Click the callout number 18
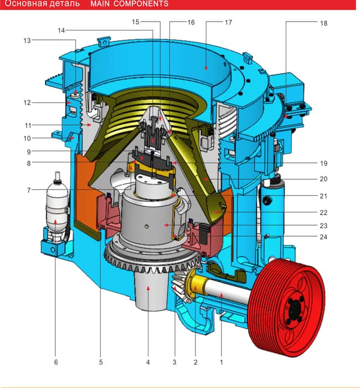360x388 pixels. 323,23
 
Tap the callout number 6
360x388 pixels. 56,363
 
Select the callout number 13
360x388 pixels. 27,40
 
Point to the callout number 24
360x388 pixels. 323,237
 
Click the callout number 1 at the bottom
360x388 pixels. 222,363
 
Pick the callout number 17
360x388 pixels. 228,23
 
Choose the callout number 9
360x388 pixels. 29,152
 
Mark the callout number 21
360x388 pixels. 323,196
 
